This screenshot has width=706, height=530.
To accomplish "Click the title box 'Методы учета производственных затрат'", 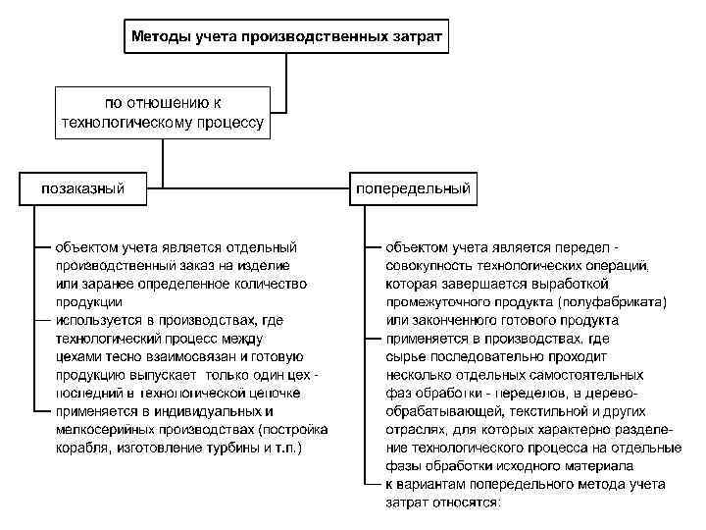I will click(286, 37).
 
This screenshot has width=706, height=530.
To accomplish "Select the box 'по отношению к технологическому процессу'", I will click(163, 113).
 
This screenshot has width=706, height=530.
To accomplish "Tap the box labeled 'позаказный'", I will click(82, 188).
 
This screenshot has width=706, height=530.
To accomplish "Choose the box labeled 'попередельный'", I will click(413, 188).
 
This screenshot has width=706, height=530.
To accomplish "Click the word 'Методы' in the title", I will click(161, 38).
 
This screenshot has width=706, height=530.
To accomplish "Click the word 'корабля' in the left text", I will click(81, 449).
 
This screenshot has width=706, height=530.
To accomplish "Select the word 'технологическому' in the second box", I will click(122, 124).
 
